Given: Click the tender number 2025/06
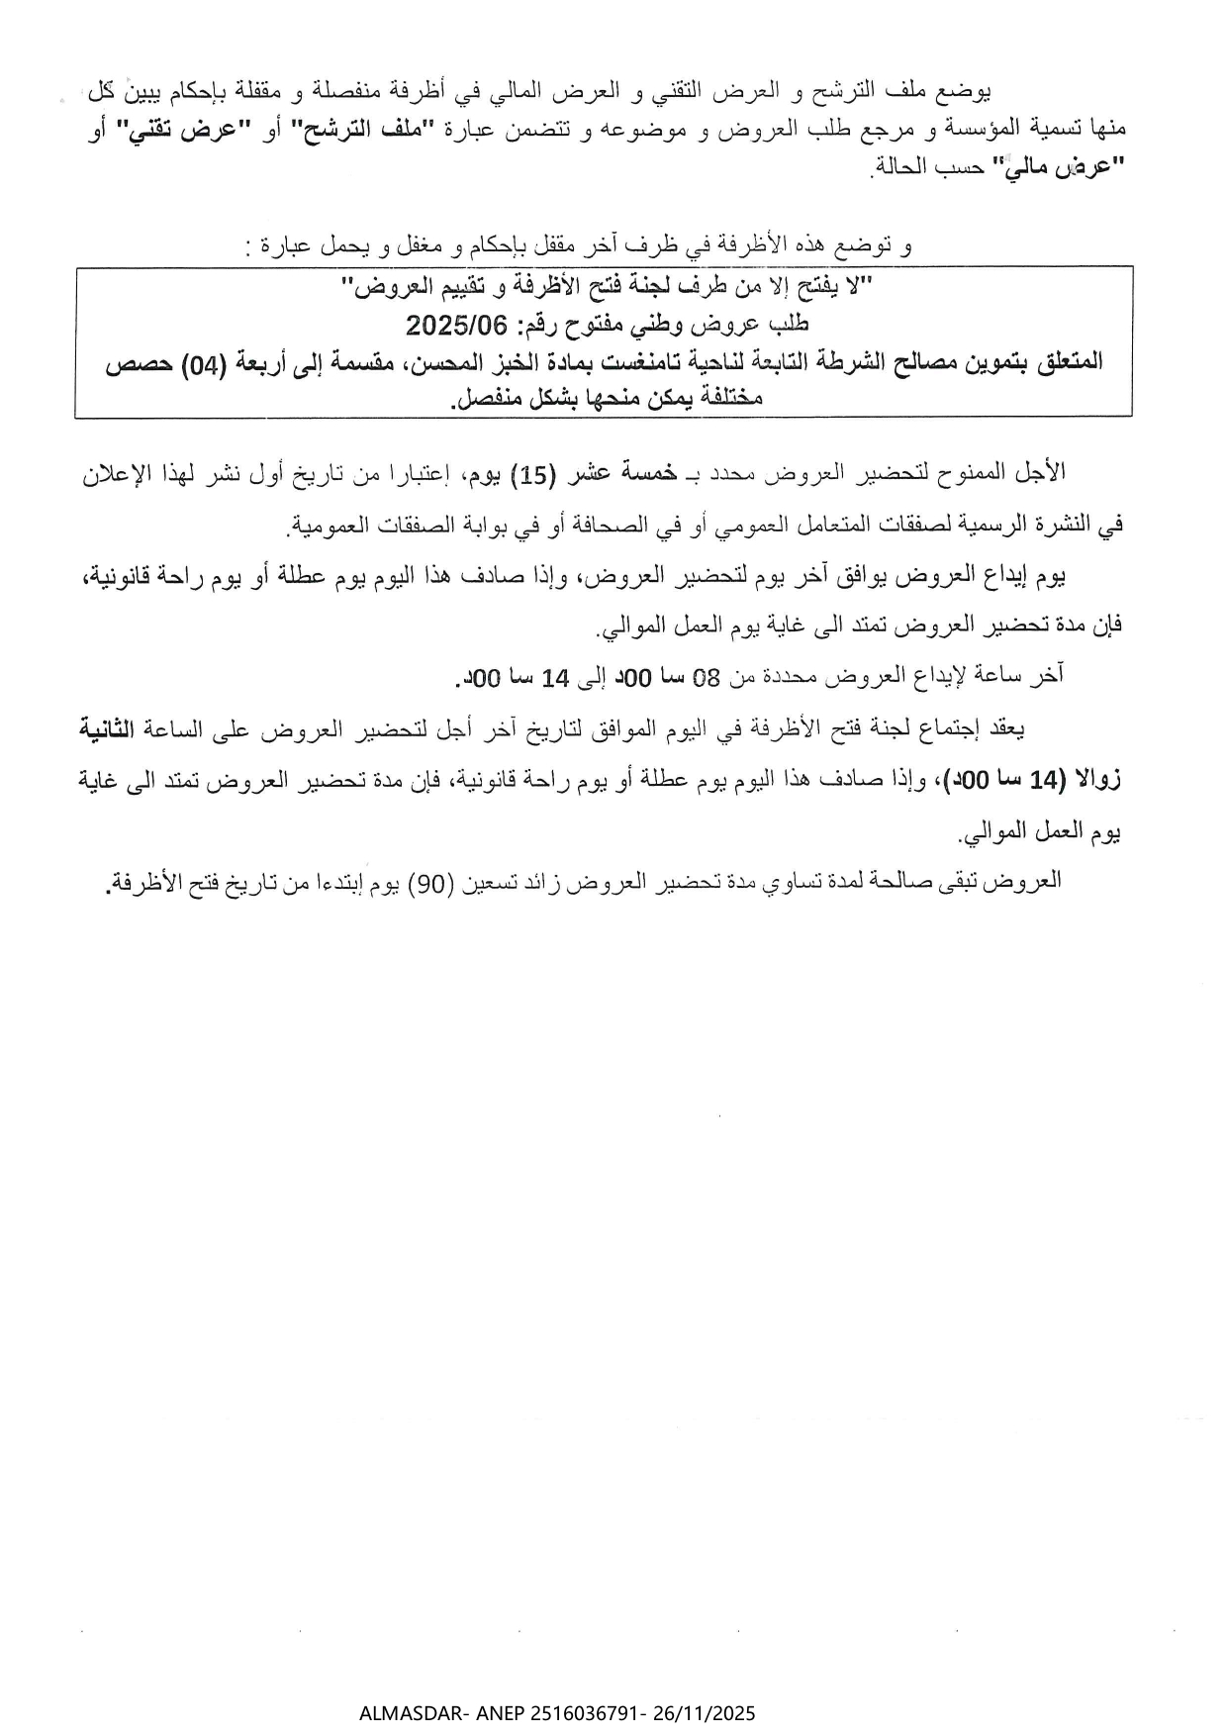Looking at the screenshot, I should [456, 324].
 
